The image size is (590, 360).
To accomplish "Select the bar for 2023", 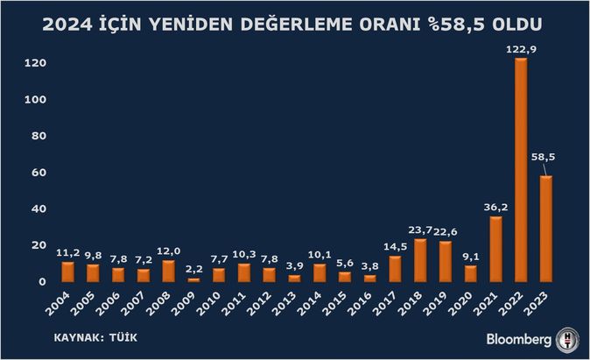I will click(546, 229).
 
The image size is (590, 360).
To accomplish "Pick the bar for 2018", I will click(420, 260).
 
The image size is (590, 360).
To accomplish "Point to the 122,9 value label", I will click(521, 50).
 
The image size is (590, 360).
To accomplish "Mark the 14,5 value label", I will click(395, 247).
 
